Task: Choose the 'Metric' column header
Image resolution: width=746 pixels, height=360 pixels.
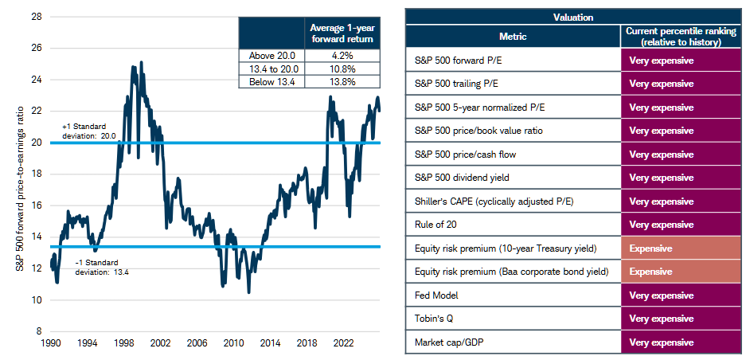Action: coord(513,36)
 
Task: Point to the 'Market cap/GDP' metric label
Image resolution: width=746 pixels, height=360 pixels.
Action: coord(449,342)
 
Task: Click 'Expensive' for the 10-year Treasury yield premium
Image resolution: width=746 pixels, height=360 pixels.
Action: coord(650,248)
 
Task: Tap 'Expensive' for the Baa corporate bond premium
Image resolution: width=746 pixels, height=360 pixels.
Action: coord(650,272)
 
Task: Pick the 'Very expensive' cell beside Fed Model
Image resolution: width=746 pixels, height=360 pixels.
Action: coord(661,295)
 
